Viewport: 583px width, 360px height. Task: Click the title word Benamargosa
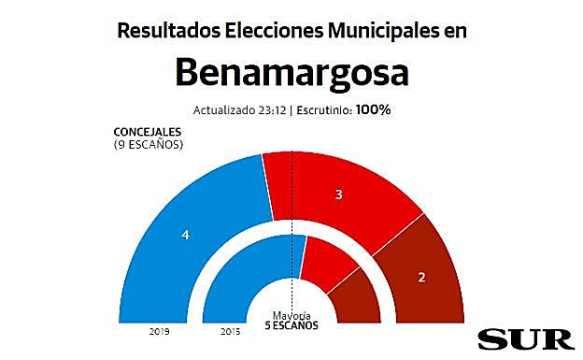click(x=291, y=72)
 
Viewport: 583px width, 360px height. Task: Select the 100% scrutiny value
click(x=372, y=108)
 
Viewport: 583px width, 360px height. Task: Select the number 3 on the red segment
click(x=339, y=194)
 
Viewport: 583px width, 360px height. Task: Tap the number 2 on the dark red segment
click(x=421, y=277)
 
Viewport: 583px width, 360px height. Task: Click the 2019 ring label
click(x=156, y=331)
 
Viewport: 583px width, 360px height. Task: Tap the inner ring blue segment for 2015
click(x=234, y=281)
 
